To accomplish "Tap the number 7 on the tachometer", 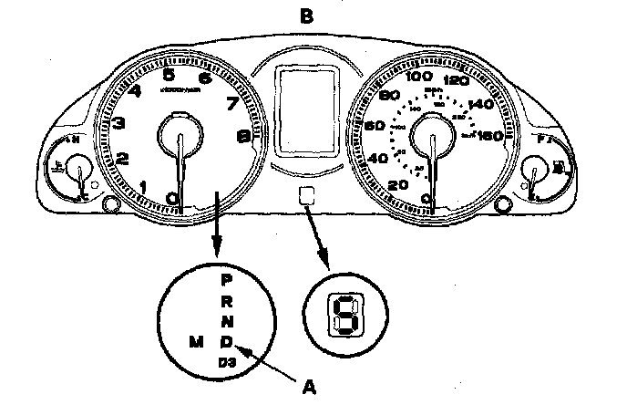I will pos(231,103).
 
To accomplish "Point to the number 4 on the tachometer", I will pos(135,90).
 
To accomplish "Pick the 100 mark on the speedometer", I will pos(418,78).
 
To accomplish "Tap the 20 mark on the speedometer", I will pos(397,186).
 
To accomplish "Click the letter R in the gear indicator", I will pos(227,300).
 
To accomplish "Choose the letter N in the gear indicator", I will pos(227,320).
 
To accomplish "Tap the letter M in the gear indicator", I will pos(194,341).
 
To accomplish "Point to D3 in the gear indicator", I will pos(227,362).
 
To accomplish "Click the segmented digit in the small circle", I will pos(345,316).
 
